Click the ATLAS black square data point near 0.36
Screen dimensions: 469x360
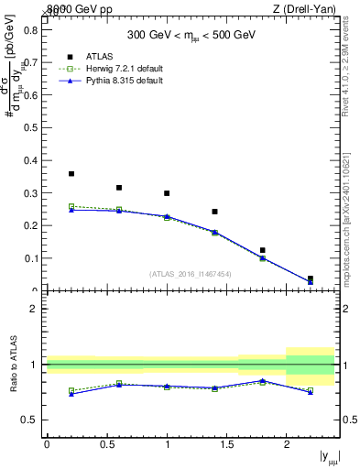[x=71, y=173]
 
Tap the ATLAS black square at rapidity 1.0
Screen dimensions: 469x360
[x=167, y=193]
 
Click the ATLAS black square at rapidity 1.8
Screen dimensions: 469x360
[x=262, y=250]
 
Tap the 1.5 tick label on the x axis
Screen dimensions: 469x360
[x=226, y=443]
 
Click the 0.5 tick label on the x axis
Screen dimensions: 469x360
[x=106, y=443]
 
